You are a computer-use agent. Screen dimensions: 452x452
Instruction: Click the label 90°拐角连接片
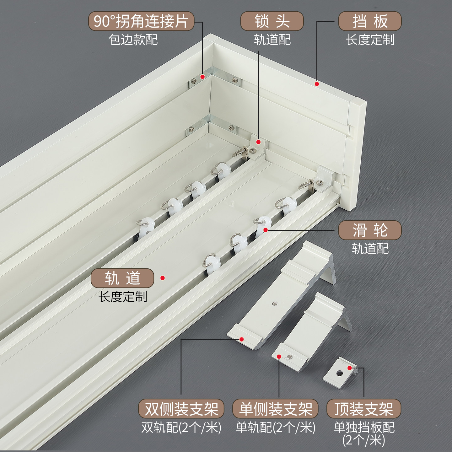pos(141,21)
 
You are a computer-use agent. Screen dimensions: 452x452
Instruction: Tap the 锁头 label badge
pos(272,21)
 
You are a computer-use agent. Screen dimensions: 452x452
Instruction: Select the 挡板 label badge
pos(370,21)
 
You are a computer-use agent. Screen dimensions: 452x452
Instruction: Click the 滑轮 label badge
pos(370,230)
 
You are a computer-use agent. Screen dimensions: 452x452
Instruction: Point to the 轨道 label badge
pos(122,278)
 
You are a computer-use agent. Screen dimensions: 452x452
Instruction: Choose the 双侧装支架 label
pos(181,409)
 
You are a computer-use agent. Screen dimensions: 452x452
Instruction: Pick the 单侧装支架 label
pos(275,409)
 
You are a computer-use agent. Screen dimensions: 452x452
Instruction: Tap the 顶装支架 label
pos(363,409)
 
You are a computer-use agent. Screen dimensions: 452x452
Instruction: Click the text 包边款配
pos(133,40)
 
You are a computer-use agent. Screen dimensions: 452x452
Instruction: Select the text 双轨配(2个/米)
pos(181,427)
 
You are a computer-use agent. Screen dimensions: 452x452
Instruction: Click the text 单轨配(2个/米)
pos(275,427)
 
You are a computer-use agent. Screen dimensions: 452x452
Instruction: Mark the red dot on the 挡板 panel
pos(317,84)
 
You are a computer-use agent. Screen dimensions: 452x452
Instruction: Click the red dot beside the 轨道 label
pos(163,278)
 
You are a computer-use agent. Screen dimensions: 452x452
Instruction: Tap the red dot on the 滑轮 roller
pos(266,230)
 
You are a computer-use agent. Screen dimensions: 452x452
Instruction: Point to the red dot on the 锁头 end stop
pos(258,142)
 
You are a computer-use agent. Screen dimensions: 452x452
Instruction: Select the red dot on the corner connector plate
pos(202,77)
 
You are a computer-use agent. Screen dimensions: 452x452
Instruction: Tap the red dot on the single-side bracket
pos(279,357)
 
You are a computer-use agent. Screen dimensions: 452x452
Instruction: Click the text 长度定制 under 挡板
pos(370,40)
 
